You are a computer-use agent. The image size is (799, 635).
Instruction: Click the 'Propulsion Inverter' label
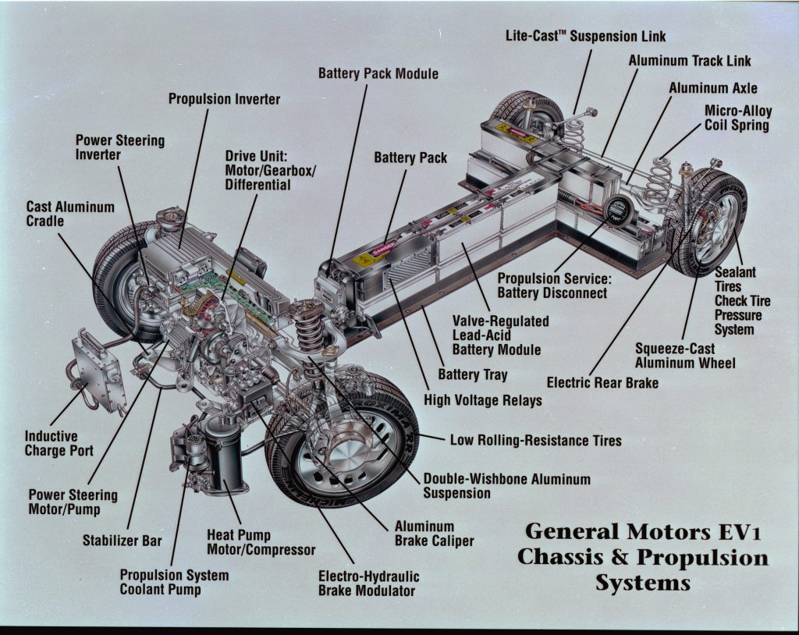(x=224, y=99)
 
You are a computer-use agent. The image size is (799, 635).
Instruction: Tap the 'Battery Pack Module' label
(x=378, y=73)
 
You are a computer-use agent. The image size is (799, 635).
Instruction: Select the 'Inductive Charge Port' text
(x=59, y=443)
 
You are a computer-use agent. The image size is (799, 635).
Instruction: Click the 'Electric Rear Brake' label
(x=602, y=382)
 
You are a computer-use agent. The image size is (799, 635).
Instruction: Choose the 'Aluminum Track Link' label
(x=679, y=60)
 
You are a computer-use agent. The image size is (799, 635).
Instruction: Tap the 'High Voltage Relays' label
(x=482, y=399)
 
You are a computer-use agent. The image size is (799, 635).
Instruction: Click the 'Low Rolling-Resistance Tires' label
(x=535, y=441)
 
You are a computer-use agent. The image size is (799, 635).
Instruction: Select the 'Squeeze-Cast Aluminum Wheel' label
(x=684, y=355)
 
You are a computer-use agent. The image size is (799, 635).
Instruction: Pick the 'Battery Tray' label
(x=472, y=374)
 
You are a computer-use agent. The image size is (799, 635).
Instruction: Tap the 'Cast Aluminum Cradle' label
(x=70, y=214)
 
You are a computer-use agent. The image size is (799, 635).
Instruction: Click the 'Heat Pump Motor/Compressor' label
(x=261, y=542)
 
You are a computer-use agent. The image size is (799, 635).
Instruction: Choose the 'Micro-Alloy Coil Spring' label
(x=737, y=118)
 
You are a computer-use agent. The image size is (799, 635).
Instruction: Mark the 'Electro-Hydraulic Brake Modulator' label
(x=368, y=583)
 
